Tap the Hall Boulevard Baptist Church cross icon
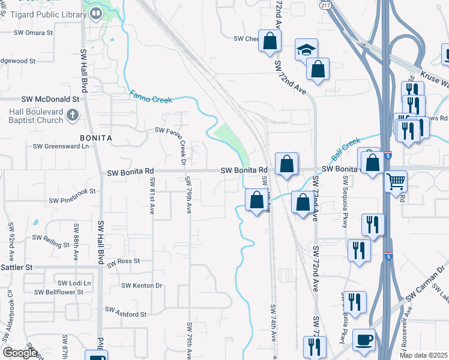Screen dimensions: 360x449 point(71,114)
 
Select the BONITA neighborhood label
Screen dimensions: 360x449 point(96,137)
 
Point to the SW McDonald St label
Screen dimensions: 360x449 point(50,98)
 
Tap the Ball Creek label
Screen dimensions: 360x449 point(346,148)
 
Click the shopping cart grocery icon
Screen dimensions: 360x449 point(396,180)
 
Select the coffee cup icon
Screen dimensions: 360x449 point(364,340)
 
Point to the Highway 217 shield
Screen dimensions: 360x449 point(325,4)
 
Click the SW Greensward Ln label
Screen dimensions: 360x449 point(61,146)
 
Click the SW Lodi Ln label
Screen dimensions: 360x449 point(74,283)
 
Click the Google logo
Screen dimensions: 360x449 point(20,353)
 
